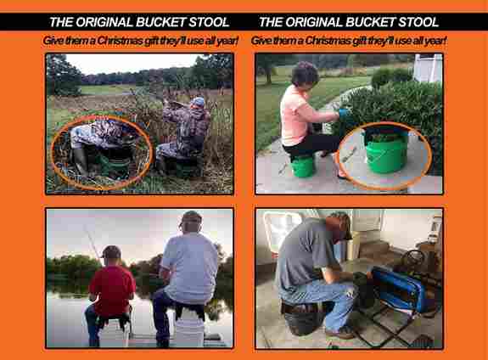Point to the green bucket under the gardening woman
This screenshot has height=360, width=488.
click(x=303, y=166)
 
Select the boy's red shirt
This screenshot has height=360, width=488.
click(x=112, y=290)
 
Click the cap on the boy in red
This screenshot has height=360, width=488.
click(x=110, y=251)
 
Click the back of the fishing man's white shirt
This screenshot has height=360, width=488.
click(x=190, y=268)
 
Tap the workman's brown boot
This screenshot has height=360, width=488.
click(x=340, y=333)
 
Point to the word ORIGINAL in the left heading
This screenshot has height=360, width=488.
click(x=104, y=22)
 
